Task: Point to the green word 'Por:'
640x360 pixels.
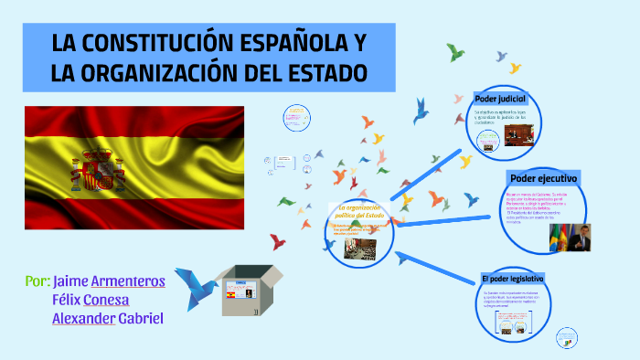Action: click(37, 281)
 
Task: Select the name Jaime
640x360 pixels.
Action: click(70, 281)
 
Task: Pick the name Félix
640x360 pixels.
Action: click(67, 300)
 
